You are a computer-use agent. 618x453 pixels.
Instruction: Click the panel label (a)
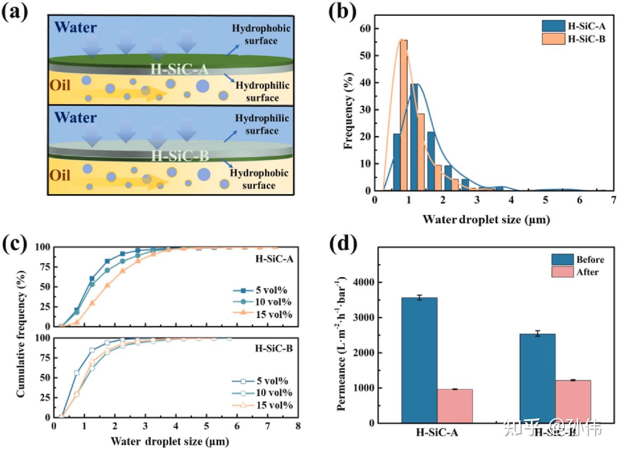[15, 12]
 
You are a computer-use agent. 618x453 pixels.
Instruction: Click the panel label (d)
[344, 244]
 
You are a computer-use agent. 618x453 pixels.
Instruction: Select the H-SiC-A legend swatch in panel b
[553, 26]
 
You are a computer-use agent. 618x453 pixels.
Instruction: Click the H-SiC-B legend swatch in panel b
[553, 39]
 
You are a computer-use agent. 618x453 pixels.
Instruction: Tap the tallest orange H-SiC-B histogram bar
[404, 115]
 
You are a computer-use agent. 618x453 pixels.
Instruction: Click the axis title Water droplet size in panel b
[486, 220]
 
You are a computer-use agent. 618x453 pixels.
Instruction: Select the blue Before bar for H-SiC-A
[419, 360]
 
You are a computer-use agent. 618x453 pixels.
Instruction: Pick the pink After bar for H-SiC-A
[455, 406]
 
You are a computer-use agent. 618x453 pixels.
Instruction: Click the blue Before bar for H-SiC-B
[537, 378]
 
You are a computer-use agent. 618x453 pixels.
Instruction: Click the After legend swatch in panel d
[562, 272]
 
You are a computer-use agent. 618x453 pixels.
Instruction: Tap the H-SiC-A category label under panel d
[437, 433]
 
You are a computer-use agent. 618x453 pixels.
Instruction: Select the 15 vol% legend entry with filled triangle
[262, 314]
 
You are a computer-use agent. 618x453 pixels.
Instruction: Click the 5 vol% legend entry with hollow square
[260, 381]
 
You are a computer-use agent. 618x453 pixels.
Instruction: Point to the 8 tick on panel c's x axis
[298, 426]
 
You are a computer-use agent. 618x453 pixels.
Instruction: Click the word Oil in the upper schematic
[60, 85]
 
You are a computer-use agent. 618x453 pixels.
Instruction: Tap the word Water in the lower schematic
[75, 118]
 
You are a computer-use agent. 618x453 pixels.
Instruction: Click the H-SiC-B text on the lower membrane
[180, 156]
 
